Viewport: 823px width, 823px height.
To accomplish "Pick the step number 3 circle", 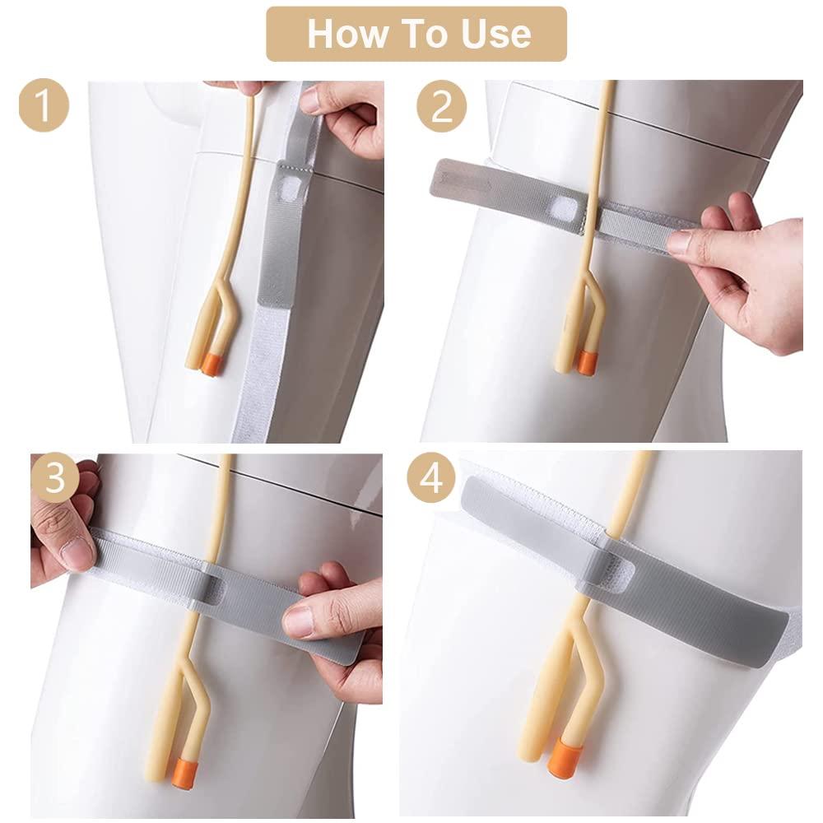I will pos(54,478).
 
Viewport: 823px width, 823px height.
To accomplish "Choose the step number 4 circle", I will pos(430,478).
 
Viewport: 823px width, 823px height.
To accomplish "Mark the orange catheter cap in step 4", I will pos(562,755).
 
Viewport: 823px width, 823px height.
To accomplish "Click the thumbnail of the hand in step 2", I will pos(680,241).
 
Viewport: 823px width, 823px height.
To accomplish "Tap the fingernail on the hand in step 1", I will pos(310,100).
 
